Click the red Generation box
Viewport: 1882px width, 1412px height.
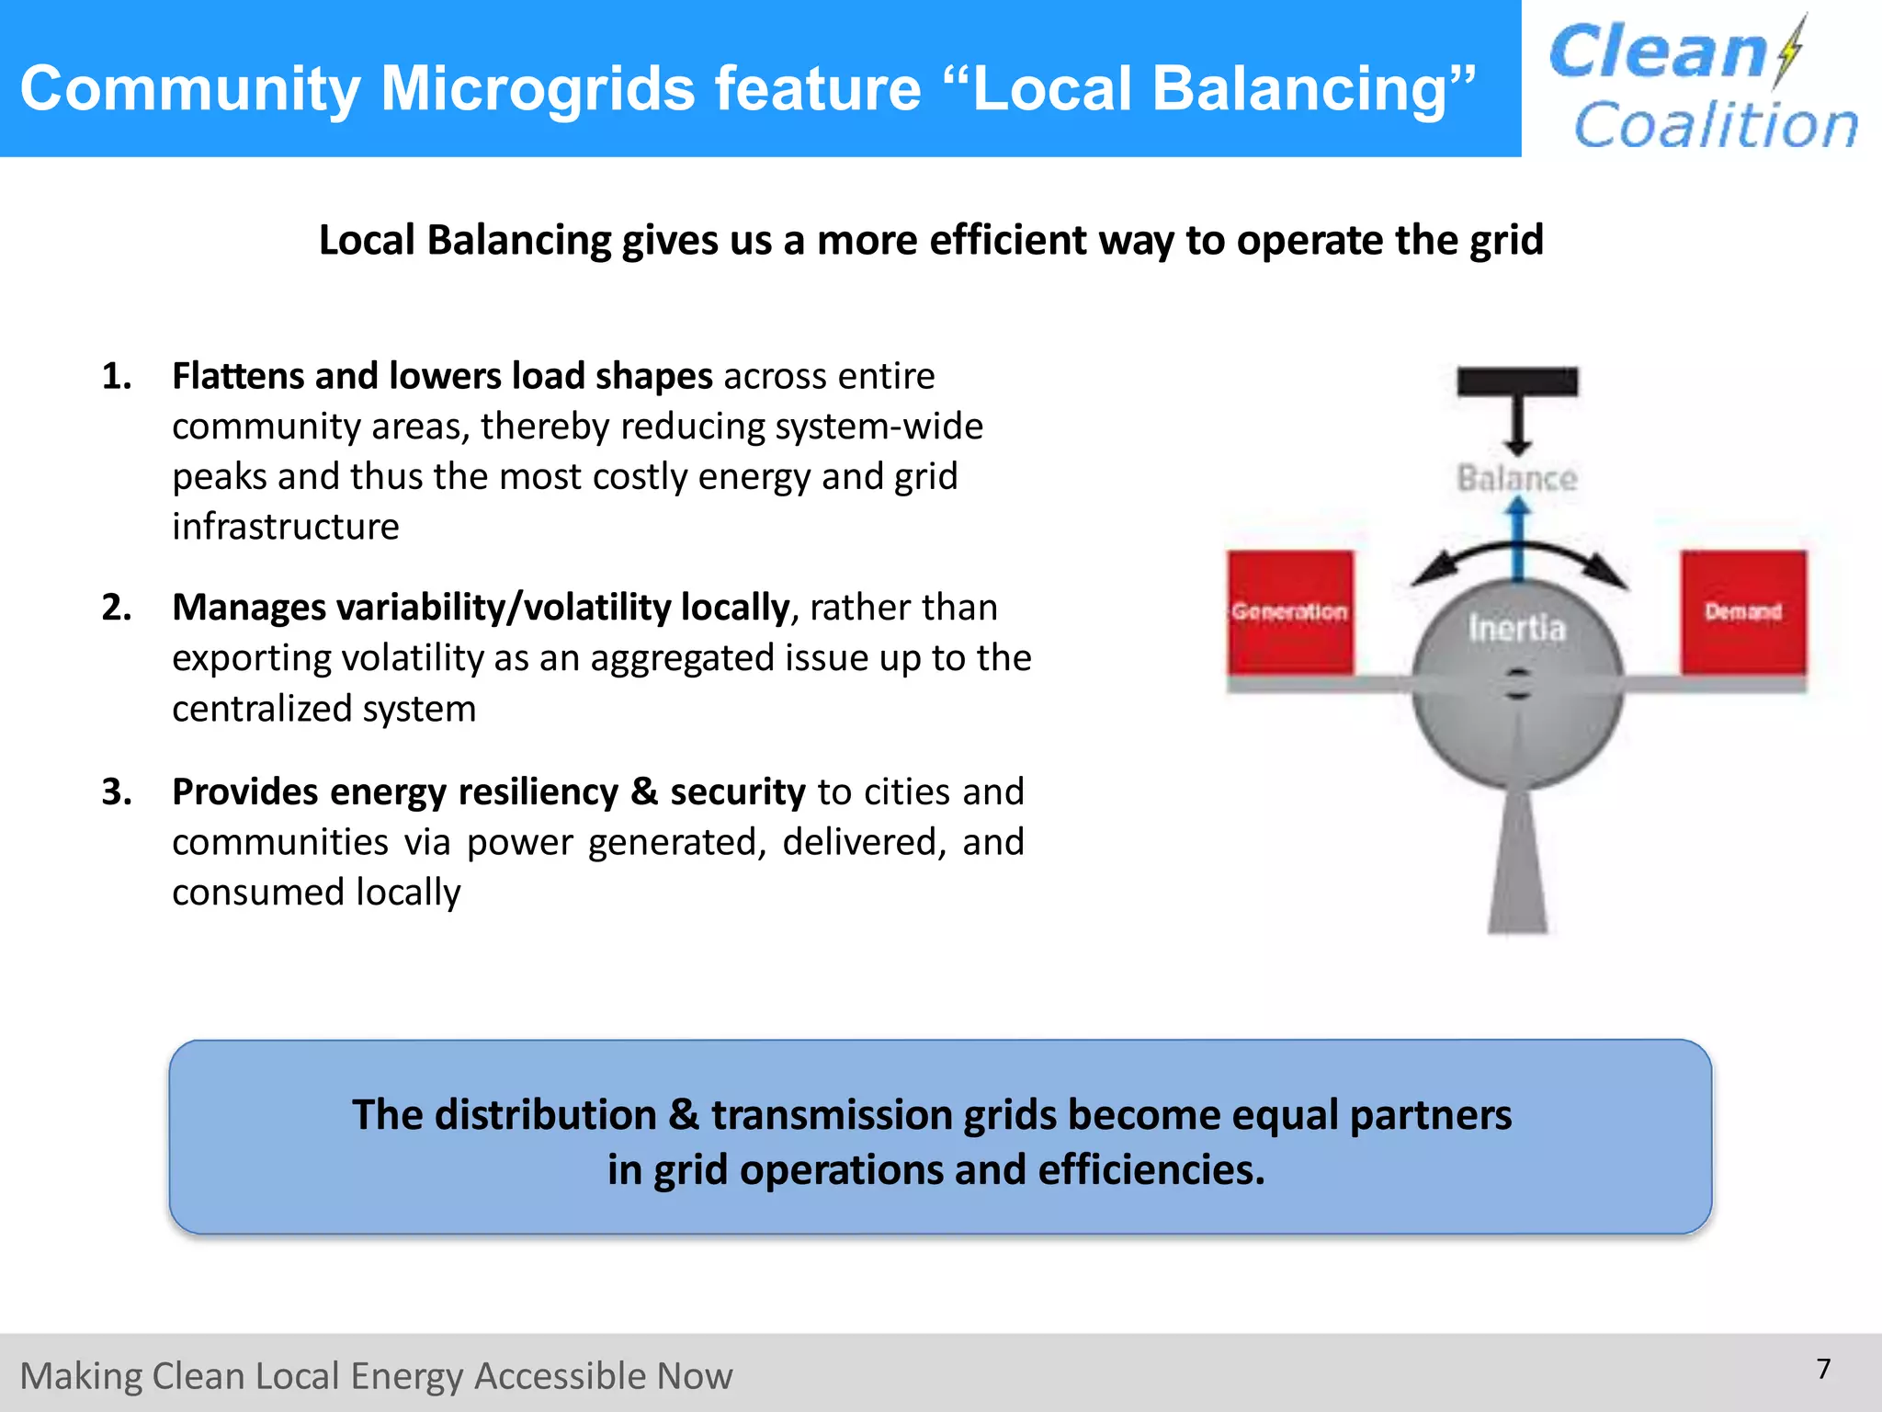pos(1290,612)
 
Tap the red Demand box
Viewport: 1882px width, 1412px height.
pos(1743,612)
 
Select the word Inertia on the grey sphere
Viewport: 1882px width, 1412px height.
pos(1516,629)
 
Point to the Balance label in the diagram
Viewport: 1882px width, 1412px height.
pos(1516,479)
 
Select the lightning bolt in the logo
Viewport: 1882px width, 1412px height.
pos(1789,52)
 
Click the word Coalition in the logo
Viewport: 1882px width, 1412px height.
pos(1716,125)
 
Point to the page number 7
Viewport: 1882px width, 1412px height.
pos(1823,1369)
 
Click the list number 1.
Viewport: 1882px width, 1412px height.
pos(116,377)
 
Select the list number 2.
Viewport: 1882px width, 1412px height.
pos(116,608)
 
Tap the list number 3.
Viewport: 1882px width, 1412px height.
pos(116,792)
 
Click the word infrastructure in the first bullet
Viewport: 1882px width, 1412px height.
pos(285,528)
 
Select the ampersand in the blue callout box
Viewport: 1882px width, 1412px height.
pos(683,1115)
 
